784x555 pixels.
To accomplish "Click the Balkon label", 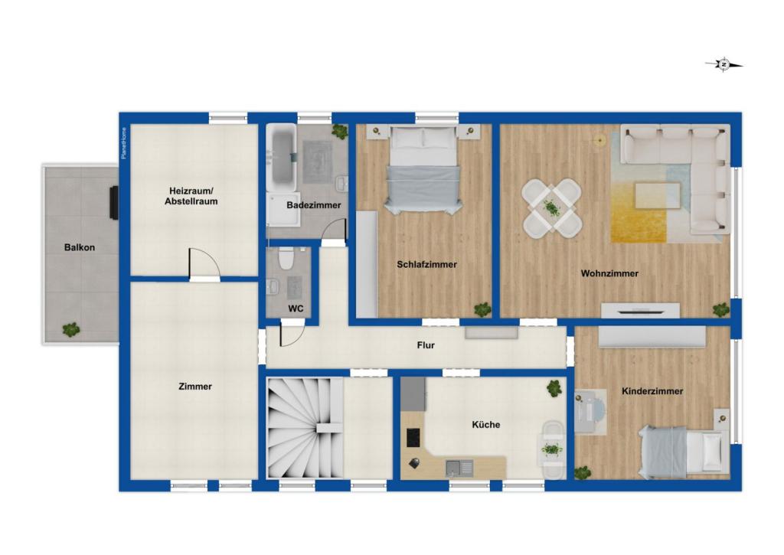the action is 80,247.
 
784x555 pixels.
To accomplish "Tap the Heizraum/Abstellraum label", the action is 191,196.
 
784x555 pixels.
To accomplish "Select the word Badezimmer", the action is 313,205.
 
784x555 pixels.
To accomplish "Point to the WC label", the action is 296,309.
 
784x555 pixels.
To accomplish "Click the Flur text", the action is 426,345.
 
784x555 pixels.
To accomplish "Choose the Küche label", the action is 486,425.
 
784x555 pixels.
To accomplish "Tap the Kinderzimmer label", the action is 652,391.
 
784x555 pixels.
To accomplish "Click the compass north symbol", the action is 724,64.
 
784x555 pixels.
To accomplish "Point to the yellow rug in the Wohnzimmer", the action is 639,213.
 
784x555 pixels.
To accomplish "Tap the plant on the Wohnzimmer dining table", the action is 551,207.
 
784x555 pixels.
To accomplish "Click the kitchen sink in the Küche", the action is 459,468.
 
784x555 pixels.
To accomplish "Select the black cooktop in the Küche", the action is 413,438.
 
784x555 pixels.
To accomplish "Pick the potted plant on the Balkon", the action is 71,329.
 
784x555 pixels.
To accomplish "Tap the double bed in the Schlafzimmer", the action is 423,170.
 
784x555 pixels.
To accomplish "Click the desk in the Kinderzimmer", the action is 590,412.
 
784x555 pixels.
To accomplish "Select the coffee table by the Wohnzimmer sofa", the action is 658,195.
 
